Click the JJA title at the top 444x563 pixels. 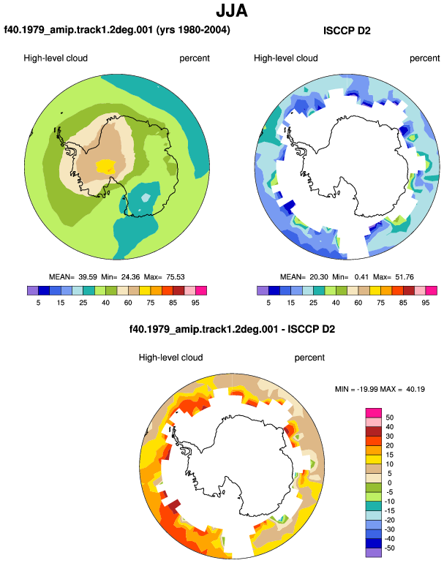tap(232, 10)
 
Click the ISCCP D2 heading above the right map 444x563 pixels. tap(347, 31)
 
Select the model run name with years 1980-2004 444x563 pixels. tap(117, 29)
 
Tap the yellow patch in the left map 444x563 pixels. tap(106, 166)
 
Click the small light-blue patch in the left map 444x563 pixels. tap(146, 197)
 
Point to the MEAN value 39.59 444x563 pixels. tap(88, 277)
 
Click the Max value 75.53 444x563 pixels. tap(176, 277)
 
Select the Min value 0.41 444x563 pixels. tap(361, 277)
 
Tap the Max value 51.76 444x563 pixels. tap(404, 277)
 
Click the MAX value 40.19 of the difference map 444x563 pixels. tap(415, 389)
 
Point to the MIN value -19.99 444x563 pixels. tap(367, 389)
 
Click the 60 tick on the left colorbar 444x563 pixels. tap(128, 303)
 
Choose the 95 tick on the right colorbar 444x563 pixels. tap(425, 303)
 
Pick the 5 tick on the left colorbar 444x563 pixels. tap(38, 303)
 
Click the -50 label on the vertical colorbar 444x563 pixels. tap(389, 548)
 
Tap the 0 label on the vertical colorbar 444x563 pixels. tap(389, 483)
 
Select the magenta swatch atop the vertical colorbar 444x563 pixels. tap(374, 413)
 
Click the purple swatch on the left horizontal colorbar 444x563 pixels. tap(33, 290)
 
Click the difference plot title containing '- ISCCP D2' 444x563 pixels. tap(232, 329)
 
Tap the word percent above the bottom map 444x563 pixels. tap(309, 358)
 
